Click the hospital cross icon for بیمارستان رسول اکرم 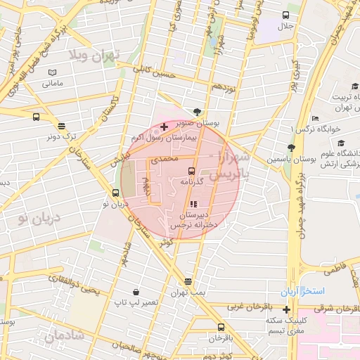pyautogui.click(x=164, y=127)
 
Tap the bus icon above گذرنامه pyautogui.click(x=191, y=171)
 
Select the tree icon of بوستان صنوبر pyautogui.click(x=197, y=112)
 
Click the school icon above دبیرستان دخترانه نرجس pyautogui.click(x=193, y=204)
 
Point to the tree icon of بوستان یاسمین pyautogui.click(x=290, y=148)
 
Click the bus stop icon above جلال pyautogui.click(x=286, y=15)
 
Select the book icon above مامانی pyautogui.click(x=52, y=72)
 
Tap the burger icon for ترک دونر pyautogui.click(x=62, y=127)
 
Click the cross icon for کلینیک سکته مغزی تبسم pyautogui.click(x=286, y=309)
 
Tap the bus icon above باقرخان pyautogui.click(x=221, y=327)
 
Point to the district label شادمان pyautogui.click(x=64, y=337)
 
